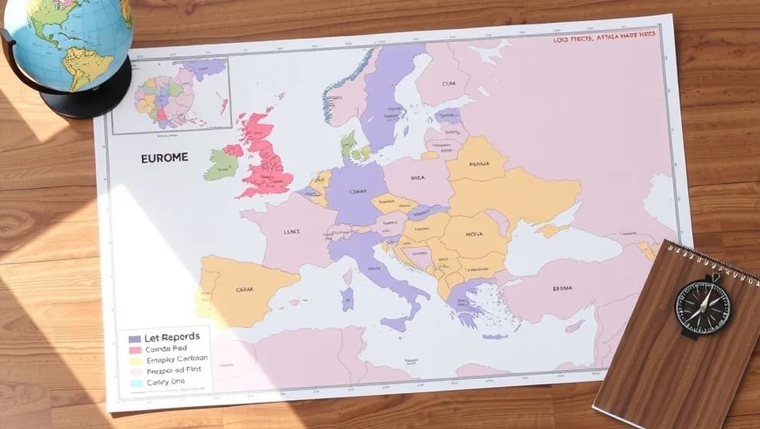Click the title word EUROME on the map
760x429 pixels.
pos(164,158)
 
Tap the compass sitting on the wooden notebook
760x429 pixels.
pos(703,306)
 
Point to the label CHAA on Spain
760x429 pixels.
pos(244,290)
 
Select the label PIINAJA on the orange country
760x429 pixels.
pos(479,163)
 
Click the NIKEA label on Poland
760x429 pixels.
pos(417,178)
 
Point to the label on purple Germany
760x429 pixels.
pos(357,192)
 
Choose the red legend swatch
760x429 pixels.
pos(135,349)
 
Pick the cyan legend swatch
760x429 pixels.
pos(135,383)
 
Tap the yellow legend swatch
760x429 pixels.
pos(135,361)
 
